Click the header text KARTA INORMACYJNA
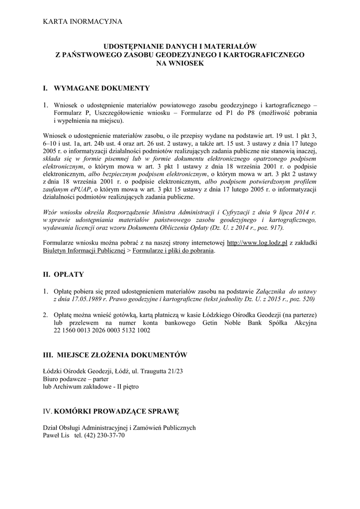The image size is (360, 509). (79, 21)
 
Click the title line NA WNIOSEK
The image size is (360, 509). (180, 64)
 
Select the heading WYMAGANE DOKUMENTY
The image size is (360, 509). (101, 88)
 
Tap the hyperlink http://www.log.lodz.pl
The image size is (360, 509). (257, 243)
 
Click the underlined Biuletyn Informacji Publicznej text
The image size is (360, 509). (83, 251)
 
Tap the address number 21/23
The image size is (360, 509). (174, 370)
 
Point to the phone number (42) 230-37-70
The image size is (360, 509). (105, 435)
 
